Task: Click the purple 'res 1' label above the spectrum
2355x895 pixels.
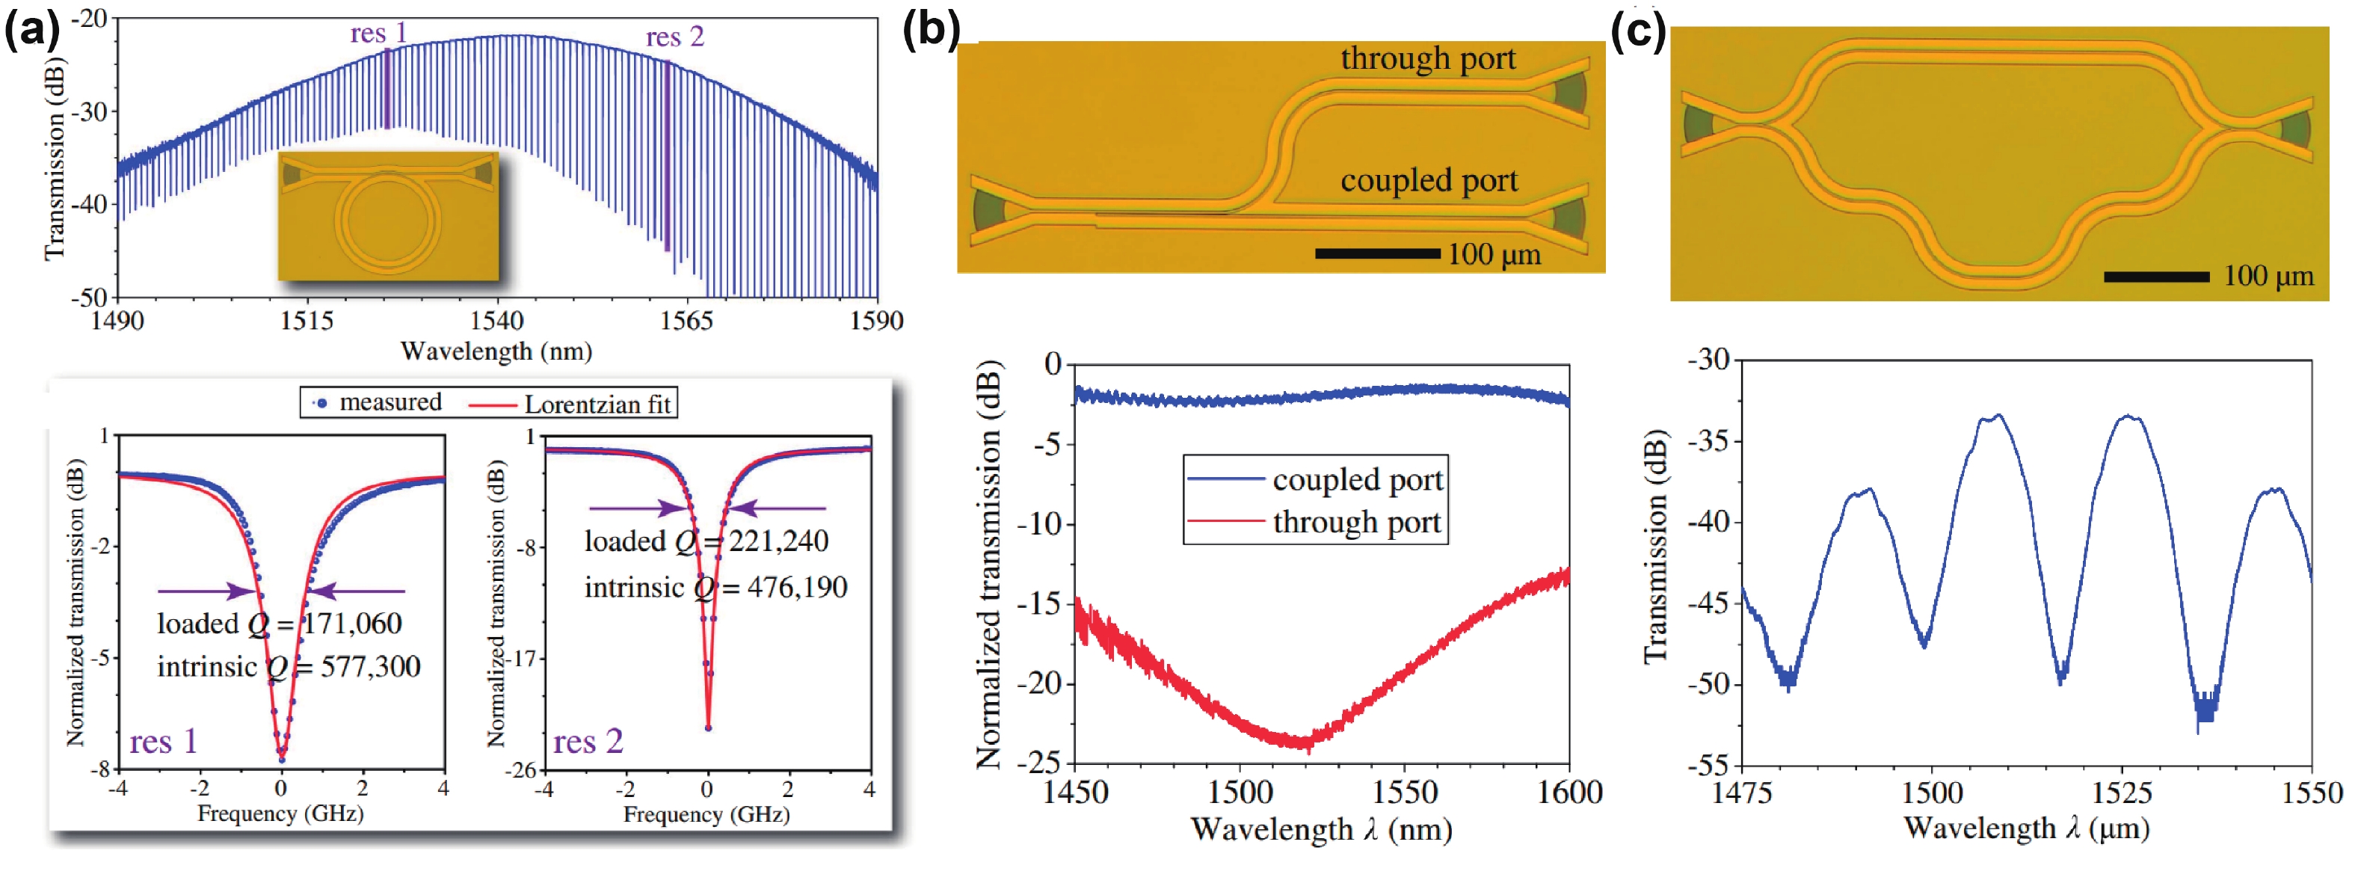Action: tap(378, 34)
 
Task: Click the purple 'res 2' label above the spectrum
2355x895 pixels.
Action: tap(674, 37)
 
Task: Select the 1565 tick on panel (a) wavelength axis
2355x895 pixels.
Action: tap(686, 321)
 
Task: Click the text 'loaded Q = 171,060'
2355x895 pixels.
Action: tap(279, 624)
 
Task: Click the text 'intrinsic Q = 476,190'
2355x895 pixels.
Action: tap(715, 588)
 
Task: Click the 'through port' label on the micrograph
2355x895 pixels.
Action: tap(1428, 58)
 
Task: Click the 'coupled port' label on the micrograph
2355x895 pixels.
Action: tap(1429, 181)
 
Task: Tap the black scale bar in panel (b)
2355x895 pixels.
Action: tap(1377, 253)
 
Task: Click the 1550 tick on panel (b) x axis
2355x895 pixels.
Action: tap(1405, 792)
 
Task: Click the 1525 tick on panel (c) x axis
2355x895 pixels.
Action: tap(2122, 792)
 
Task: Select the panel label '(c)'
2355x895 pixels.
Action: tap(1637, 32)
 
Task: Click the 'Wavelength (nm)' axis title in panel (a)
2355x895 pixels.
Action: tap(496, 352)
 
